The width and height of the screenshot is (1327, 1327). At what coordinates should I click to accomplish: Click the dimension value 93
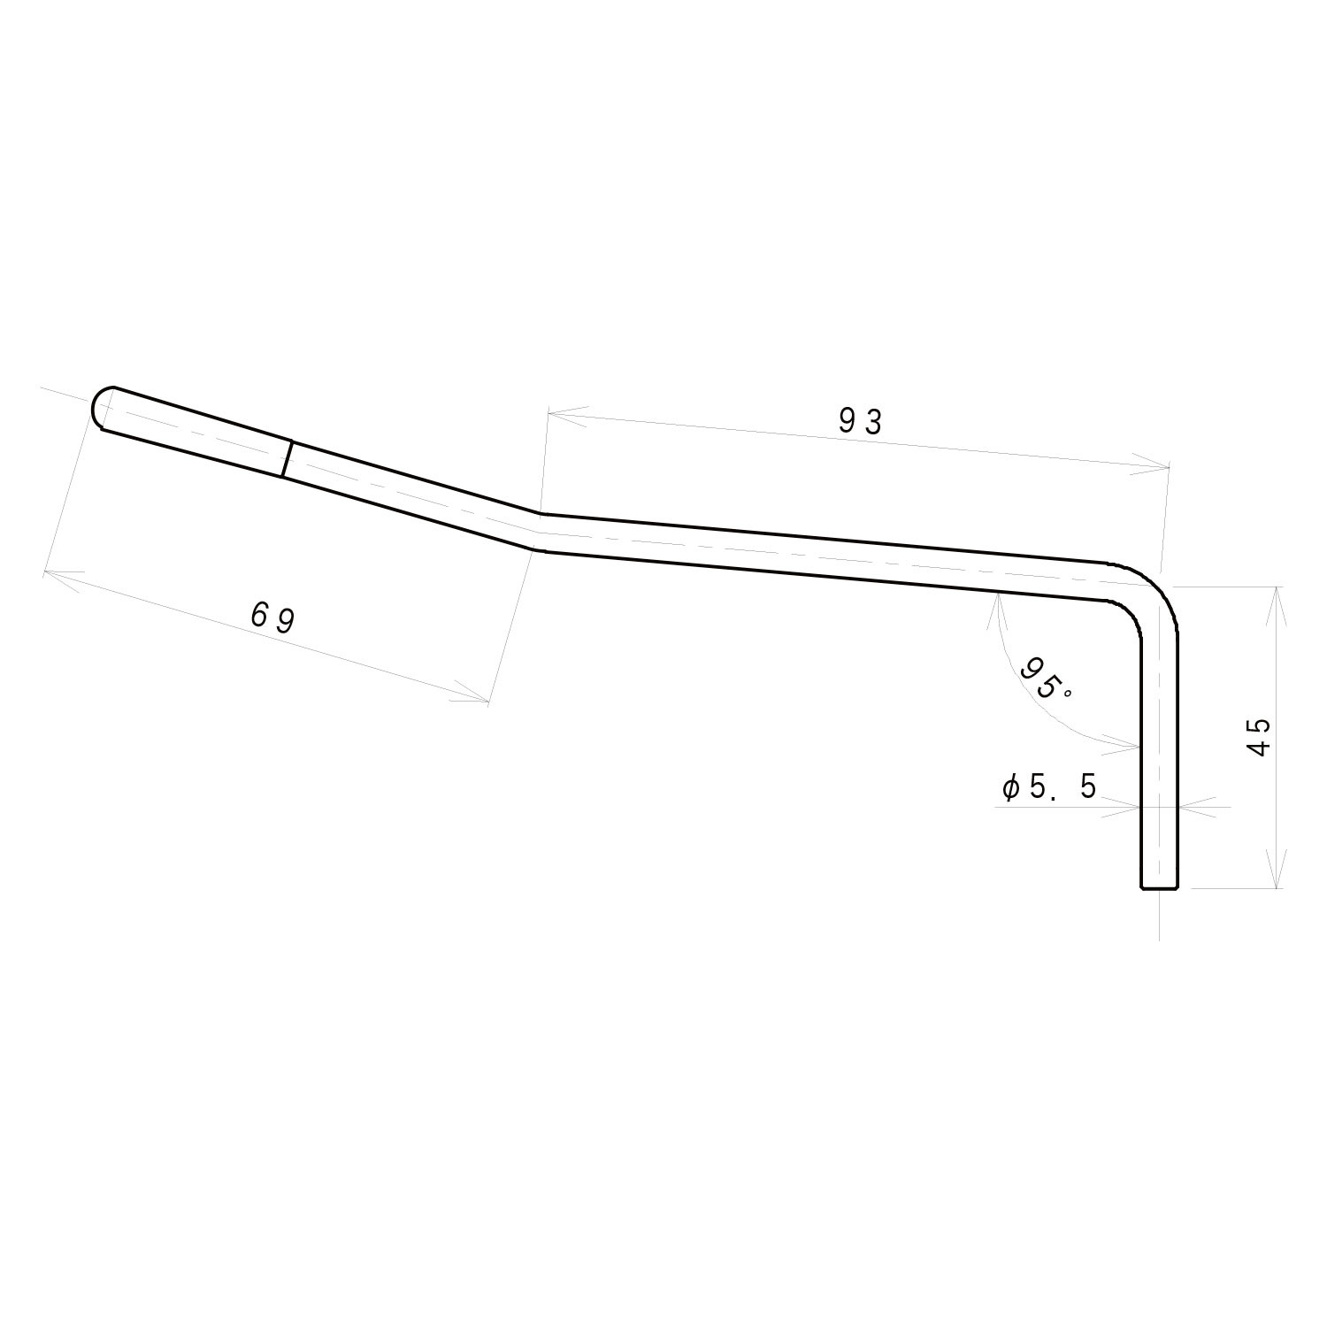860,422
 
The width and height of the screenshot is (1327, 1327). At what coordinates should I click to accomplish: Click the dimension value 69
272,617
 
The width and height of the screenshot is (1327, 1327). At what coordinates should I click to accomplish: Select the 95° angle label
1044,679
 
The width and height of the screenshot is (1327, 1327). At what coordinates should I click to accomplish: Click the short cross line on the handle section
287,459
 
